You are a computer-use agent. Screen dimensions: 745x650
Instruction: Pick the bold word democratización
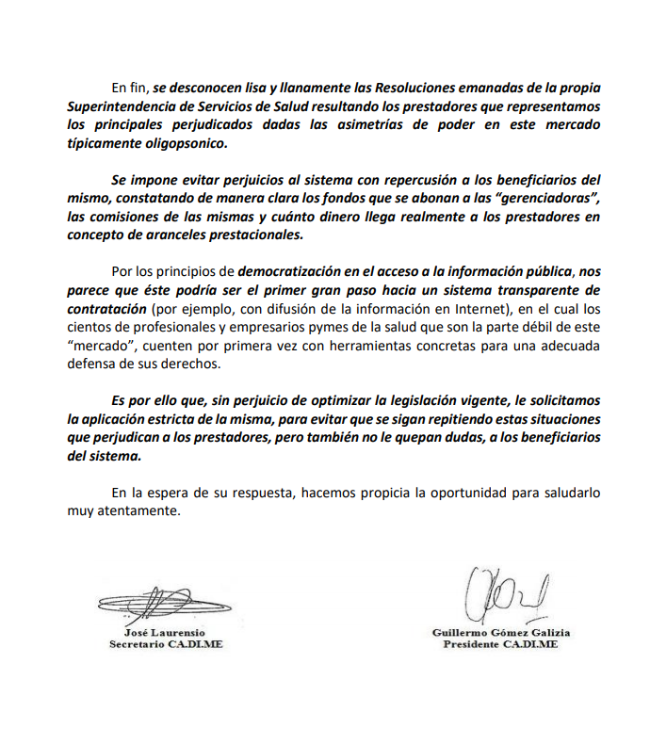click(x=300, y=272)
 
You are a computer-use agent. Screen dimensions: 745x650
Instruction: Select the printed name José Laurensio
click(x=165, y=633)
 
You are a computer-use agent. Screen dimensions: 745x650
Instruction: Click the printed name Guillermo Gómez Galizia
click(x=501, y=633)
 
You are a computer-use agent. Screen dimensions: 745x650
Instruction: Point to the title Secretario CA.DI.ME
click(x=166, y=645)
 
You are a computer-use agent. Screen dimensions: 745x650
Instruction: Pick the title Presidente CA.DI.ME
click(x=501, y=645)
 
